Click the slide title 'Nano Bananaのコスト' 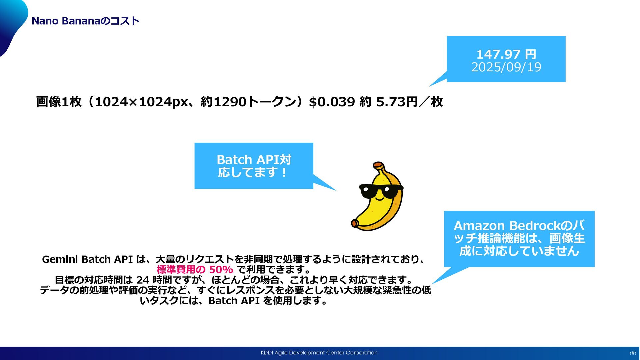(85, 21)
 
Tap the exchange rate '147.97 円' (506, 54)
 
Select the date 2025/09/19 (506, 67)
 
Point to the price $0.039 (332, 102)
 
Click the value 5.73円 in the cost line (397, 102)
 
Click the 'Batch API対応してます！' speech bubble (254, 166)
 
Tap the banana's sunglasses (381, 190)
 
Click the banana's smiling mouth (380, 199)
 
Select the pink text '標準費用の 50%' (195, 269)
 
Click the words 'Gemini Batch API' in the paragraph (87, 259)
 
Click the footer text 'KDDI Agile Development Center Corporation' (319, 353)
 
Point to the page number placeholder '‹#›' (632, 353)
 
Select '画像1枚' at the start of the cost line (59, 102)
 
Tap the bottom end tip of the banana (355, 223)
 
